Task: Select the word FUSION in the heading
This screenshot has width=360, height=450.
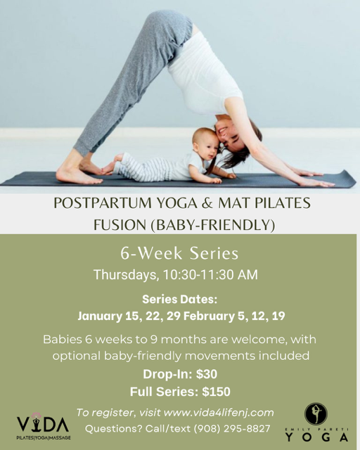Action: (x=118, y=226)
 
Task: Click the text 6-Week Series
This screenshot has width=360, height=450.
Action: (x=180, y=253)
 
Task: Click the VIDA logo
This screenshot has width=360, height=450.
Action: (x=43, y=425)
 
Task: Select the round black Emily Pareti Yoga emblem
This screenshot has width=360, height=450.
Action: (x=316, y=413)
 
